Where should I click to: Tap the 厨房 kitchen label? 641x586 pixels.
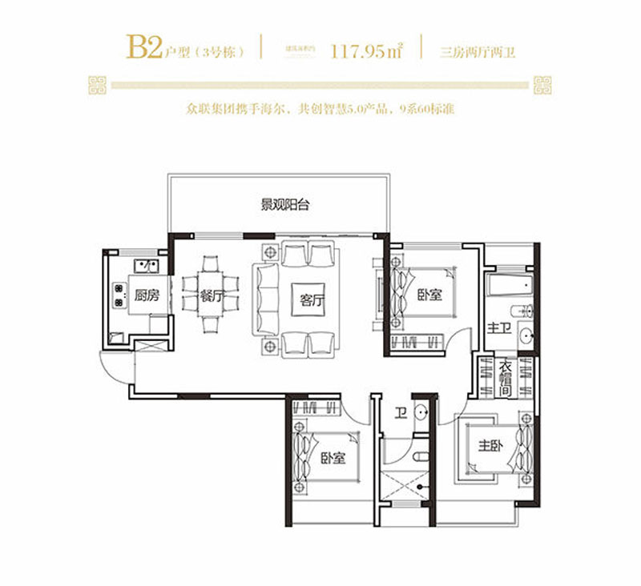point(147,295)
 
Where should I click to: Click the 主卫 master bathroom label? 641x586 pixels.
point(499,328)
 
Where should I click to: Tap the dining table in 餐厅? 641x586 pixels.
point(212,295)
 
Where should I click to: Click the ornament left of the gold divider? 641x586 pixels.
point(99,83)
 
